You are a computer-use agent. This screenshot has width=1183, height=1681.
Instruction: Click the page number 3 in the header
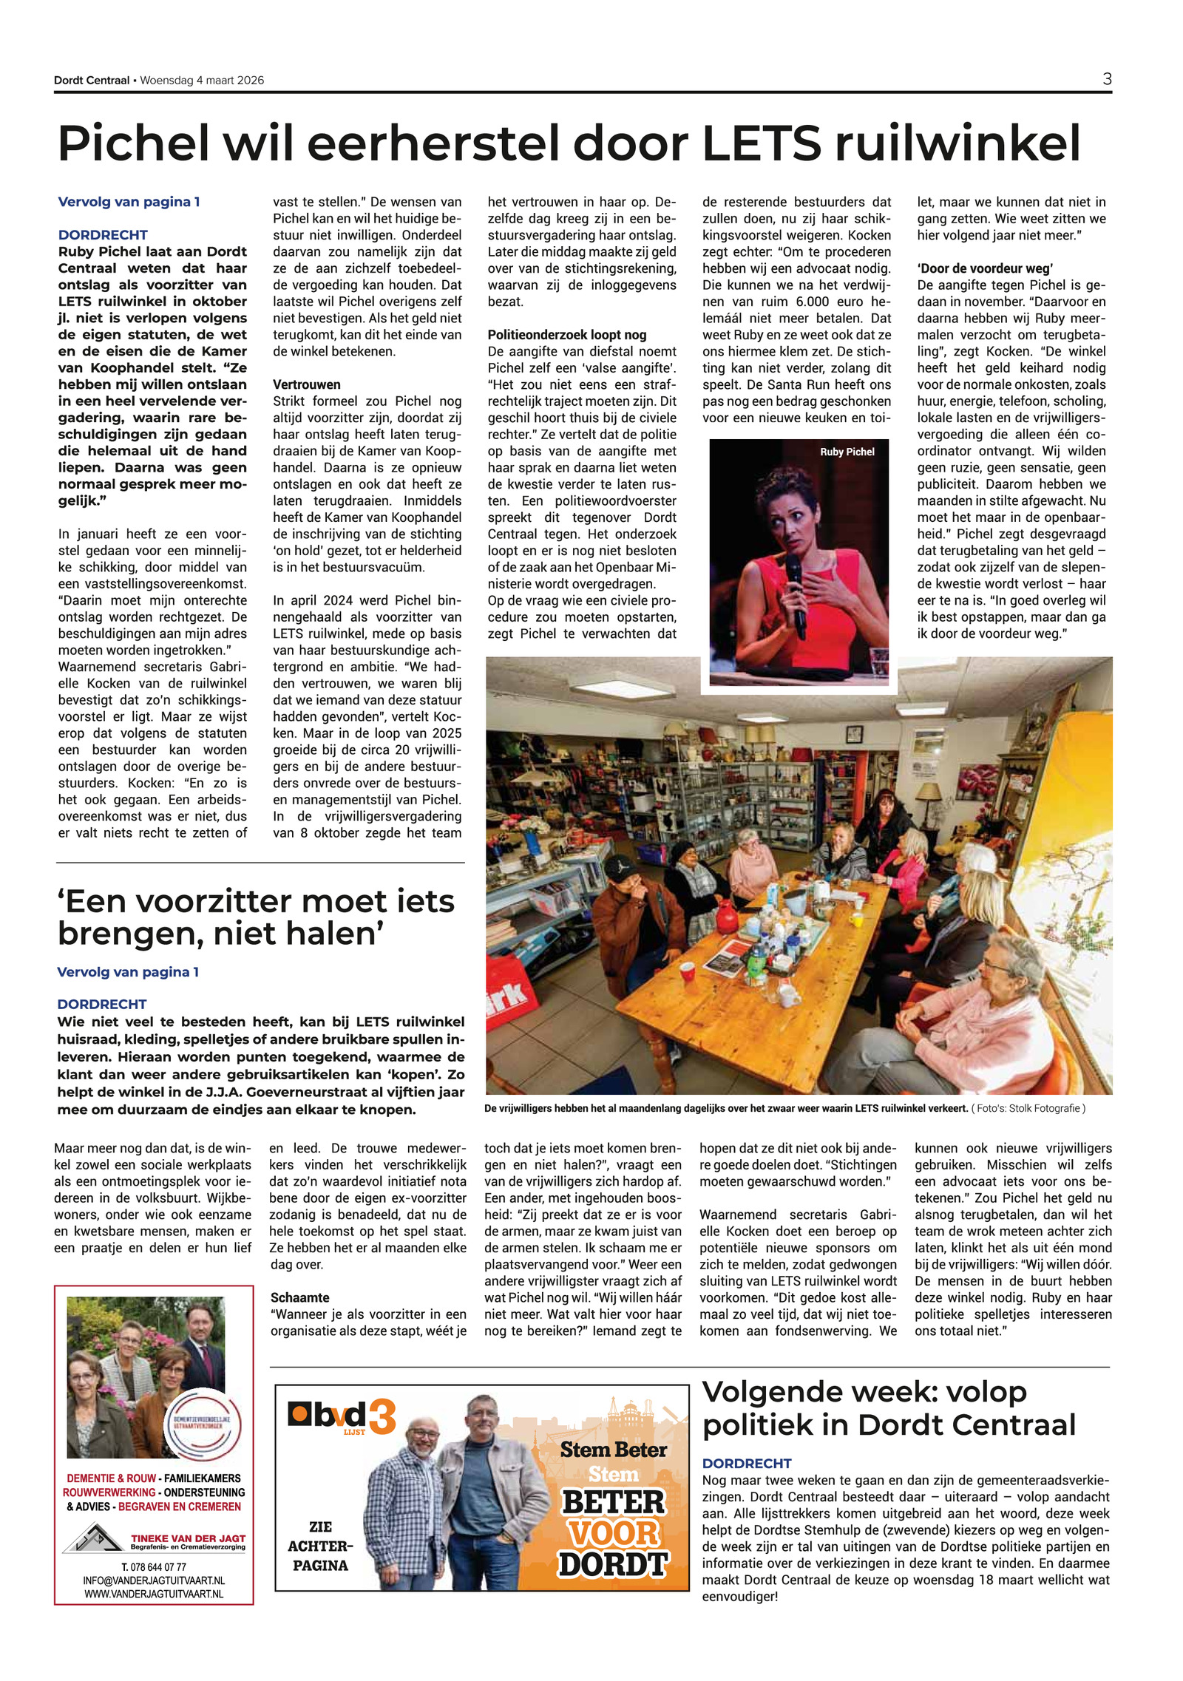click(1106, 79)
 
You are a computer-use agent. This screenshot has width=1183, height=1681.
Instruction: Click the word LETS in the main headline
click(761, 143)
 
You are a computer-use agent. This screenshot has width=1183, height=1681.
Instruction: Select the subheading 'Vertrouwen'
click(307, 384)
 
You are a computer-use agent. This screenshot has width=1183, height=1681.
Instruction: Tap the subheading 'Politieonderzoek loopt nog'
click(566, 335)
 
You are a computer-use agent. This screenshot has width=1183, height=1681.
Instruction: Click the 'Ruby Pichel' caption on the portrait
click(847, 452)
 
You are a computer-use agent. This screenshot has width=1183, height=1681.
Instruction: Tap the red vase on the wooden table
click(726, 918)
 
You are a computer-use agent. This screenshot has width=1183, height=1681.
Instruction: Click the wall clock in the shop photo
click(854, 734)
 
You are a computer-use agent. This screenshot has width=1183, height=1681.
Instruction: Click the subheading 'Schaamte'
click(299, 1297)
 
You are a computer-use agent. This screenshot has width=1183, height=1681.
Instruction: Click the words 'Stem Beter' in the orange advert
click(613, 1450)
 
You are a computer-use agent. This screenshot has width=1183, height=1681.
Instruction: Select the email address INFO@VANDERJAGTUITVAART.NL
click(154, 1580)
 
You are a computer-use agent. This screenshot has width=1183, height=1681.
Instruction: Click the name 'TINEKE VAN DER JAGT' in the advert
click(188, 1538)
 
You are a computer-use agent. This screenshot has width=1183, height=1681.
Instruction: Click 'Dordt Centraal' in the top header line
click(91, 80)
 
